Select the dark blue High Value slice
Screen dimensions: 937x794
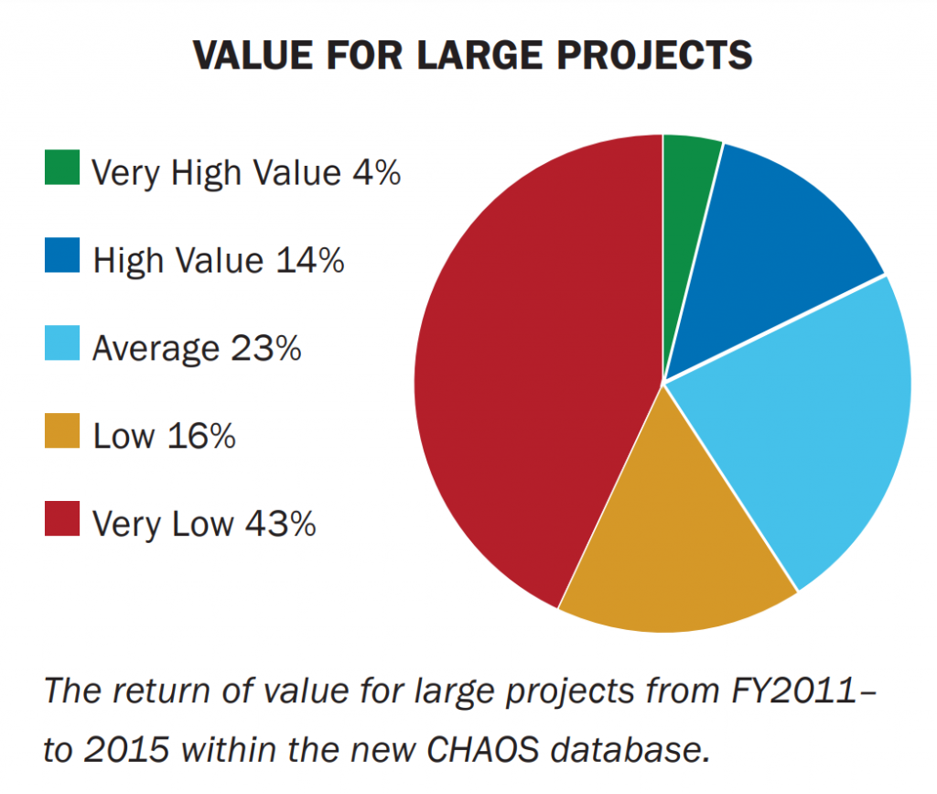tap(770, 251)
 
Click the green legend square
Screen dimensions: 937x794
tap(62, 167)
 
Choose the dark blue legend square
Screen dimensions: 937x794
tap(62, 255)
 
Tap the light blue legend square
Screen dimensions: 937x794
tap(62, 343)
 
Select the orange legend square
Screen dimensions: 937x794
tap(62, 430)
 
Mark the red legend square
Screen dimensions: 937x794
tap(62, 518)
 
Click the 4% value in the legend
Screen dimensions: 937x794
tap(376, 173)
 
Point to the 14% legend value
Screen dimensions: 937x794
tap(310, 261)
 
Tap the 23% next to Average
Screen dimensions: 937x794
tap(266, 348)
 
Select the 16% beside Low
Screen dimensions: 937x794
tap(201, 436)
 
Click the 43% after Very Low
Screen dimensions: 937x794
tap(280, 524)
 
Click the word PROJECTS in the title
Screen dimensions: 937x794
tap(654, 56)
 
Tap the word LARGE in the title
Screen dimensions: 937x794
tap(479, 56)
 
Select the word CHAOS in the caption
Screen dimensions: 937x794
tap(483, 749)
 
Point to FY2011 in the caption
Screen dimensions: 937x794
tap(794, 691)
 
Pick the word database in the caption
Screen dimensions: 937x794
tap(630, 749)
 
